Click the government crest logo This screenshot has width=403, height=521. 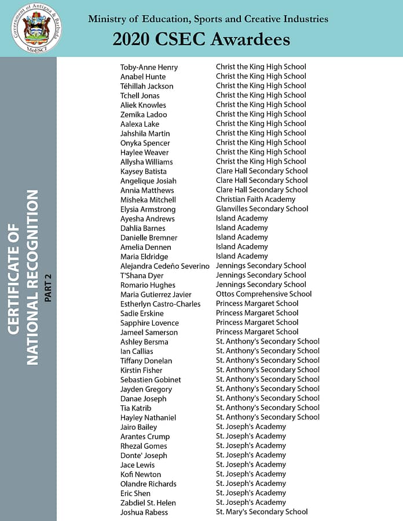(x=37, y=28)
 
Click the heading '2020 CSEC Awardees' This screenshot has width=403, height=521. (x=201, y=39)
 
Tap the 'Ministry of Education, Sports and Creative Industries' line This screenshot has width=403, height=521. (x=208, y=19)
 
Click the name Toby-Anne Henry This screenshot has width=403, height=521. (x=149, y=67)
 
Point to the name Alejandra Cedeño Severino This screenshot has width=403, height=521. (x=164, y=266)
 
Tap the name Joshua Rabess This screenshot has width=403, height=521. (x=144, y=512)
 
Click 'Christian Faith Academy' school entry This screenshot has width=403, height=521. (x=255, y=199)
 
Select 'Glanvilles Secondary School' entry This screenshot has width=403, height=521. (x=262, y=209)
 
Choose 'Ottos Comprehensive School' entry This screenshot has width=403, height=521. (x=263, y=294)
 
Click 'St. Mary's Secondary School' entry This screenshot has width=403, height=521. (x=262, y=512)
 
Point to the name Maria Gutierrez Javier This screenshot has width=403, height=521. (x=156, y=294)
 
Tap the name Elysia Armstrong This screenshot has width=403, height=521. (x=148, y=209)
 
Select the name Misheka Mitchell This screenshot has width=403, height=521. (x=148, y=199)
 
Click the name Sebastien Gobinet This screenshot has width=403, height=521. (x=151, y=379)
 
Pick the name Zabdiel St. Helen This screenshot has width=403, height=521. (x=148, y=502)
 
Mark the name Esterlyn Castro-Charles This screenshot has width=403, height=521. (x=160, y=304)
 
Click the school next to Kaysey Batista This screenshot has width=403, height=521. (x=262, y=171)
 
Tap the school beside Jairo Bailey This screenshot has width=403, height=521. (x=251, y=427)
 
